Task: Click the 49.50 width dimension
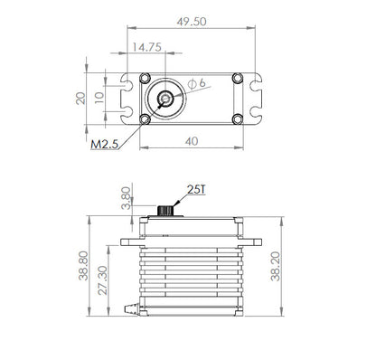[x=192, y=22]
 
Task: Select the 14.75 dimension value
[x=147, y=47]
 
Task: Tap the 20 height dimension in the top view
[x=80, y=99]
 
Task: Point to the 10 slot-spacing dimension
[x=99, y=98]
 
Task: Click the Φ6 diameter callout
[x=196, y=83]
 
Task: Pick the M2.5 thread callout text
[x=104, y=145]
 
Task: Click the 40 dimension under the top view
[x=192, y=141]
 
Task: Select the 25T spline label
[x=196, y=190]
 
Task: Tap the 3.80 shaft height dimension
[x=127, y=198]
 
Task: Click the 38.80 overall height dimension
[x=84, y=266]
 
